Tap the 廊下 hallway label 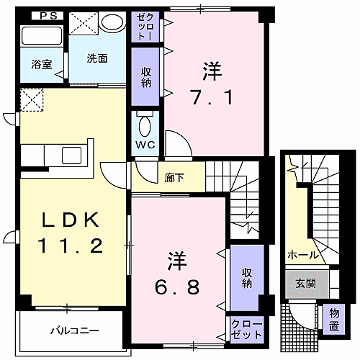tap(175, 176)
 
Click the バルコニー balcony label tap(74, 331)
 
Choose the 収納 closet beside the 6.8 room tap(247, 276)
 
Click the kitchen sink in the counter tap(72, 155)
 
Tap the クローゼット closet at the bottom tap(246, 330)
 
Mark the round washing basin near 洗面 tap(112, 22)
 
